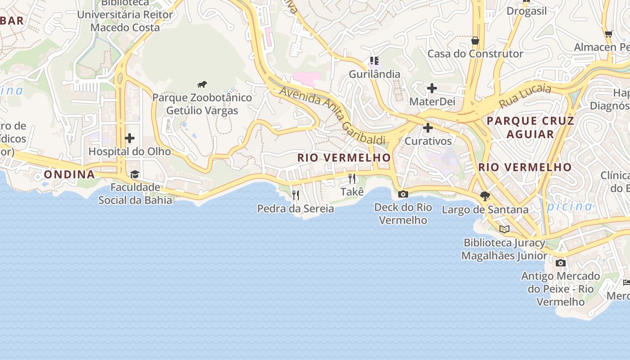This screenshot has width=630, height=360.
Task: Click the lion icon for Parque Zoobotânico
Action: (202, 84)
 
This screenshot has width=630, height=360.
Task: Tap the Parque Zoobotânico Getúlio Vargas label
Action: (202, 104)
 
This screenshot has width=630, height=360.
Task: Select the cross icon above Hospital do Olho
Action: (130, 138)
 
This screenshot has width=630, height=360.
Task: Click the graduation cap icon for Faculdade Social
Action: (135, 174)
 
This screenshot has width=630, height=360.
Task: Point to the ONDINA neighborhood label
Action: (69, 175)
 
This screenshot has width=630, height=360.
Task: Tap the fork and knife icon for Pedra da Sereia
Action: (296, 195)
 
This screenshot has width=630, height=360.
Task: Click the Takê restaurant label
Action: (352, 192)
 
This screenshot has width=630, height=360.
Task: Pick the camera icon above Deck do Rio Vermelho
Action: (403, 194)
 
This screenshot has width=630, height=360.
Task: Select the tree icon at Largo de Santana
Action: (485, 196)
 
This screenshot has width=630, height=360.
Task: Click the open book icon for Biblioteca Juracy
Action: (504, 229)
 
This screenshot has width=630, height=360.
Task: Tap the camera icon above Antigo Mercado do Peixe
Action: (560, 262)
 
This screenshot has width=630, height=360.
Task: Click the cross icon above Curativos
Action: (428, 128)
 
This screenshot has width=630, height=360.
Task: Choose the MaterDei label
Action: (432, 102)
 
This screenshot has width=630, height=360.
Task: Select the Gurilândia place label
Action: (374, 74)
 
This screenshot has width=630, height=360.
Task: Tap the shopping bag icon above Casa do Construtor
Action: (475, 40)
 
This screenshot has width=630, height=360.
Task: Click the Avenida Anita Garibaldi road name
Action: (333, 115)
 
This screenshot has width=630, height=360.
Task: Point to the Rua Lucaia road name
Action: (525, 95)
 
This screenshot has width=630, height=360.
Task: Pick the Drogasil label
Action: (526, 11)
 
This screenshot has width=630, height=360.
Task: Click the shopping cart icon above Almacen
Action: (609, 34)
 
